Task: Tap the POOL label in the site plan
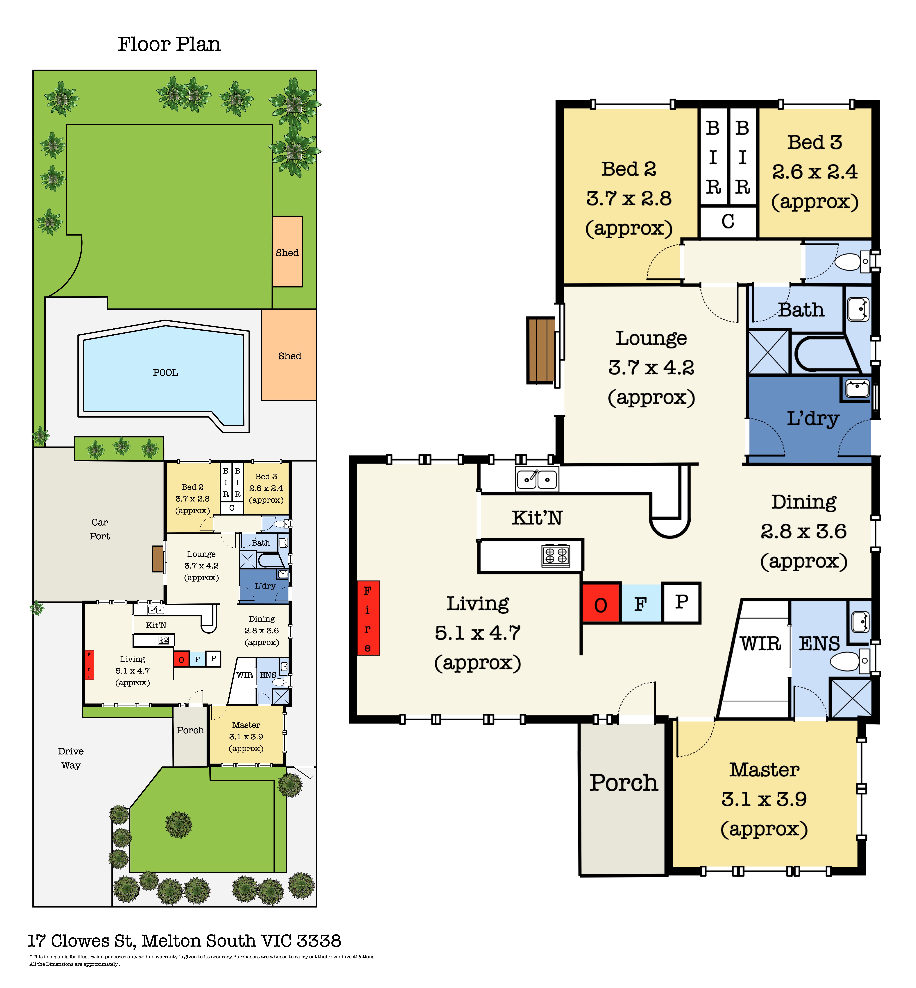(x=165, y=373)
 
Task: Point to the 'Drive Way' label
(x=71, y=758)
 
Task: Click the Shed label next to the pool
(x=289, y=356)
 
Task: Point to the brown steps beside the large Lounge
(x=541, y=350)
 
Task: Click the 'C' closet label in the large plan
(x=728, y=222)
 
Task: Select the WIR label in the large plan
(x=760, y=644)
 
